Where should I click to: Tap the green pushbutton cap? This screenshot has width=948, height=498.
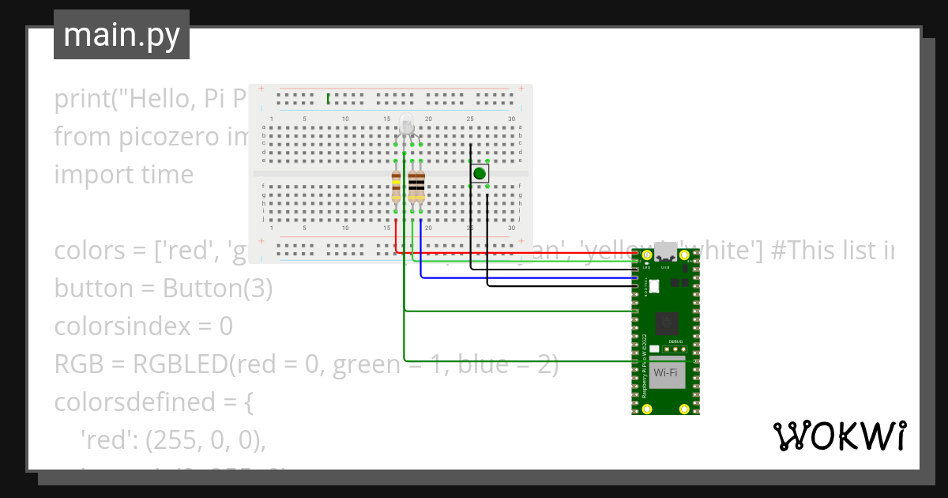(479, 173)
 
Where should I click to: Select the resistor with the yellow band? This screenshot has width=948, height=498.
(396, 189)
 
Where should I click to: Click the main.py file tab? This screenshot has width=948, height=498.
(122, 35)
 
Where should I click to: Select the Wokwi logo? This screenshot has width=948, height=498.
(838, 436)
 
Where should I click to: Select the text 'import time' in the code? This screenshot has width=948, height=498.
(123, 175)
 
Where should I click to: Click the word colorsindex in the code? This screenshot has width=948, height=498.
(123, 326)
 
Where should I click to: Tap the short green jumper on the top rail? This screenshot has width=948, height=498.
(328, 98)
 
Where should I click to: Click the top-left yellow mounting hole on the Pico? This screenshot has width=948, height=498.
(647, 255)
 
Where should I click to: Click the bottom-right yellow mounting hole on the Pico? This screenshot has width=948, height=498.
(685, 409)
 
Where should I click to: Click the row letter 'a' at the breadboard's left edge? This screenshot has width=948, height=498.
(263, 127)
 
